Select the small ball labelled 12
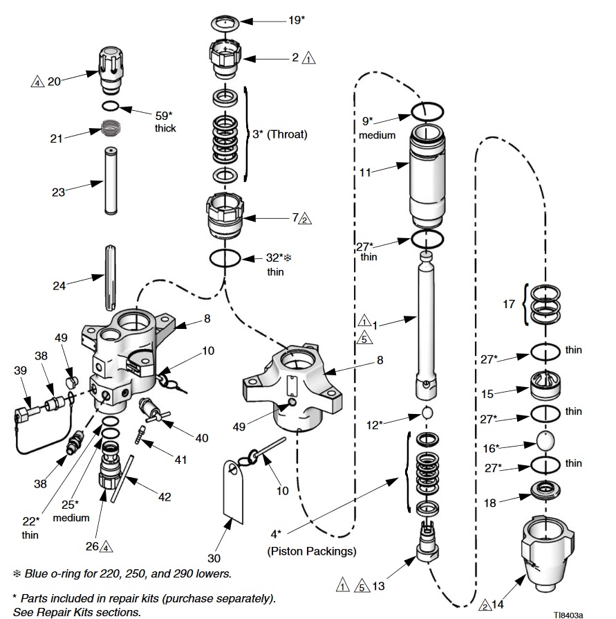[428, 414]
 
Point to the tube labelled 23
[111, 181]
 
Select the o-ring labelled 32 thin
[225, 258]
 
